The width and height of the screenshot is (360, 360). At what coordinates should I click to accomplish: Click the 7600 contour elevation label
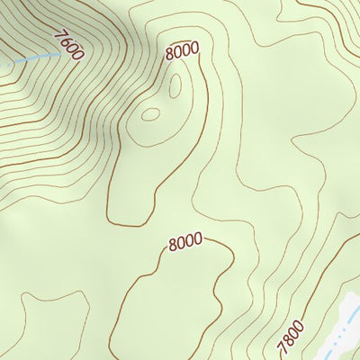(68, 45)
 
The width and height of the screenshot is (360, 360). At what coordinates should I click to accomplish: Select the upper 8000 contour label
(183, 51)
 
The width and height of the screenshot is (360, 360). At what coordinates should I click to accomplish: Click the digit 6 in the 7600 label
(66, 41)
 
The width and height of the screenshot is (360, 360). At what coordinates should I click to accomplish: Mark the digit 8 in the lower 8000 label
(173, 245)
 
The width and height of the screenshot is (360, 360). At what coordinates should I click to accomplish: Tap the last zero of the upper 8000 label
(194, 49)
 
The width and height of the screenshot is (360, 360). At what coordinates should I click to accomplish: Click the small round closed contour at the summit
(150, 114)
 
